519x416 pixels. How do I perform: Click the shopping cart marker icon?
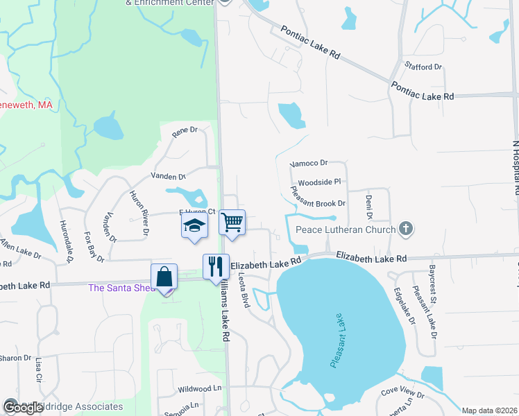coord(232,223)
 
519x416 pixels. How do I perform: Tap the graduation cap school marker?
coord(195,226)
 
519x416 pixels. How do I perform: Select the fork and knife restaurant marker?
coord(216,266)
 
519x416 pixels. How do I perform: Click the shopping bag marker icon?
coord(164,277)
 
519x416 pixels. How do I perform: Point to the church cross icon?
coord(407,229)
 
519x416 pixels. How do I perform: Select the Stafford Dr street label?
coord(424,67)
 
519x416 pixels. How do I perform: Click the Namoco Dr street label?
coord(309,163)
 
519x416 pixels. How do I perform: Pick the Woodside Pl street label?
coord(319,182)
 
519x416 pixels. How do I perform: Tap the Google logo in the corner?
coord(23,408)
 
